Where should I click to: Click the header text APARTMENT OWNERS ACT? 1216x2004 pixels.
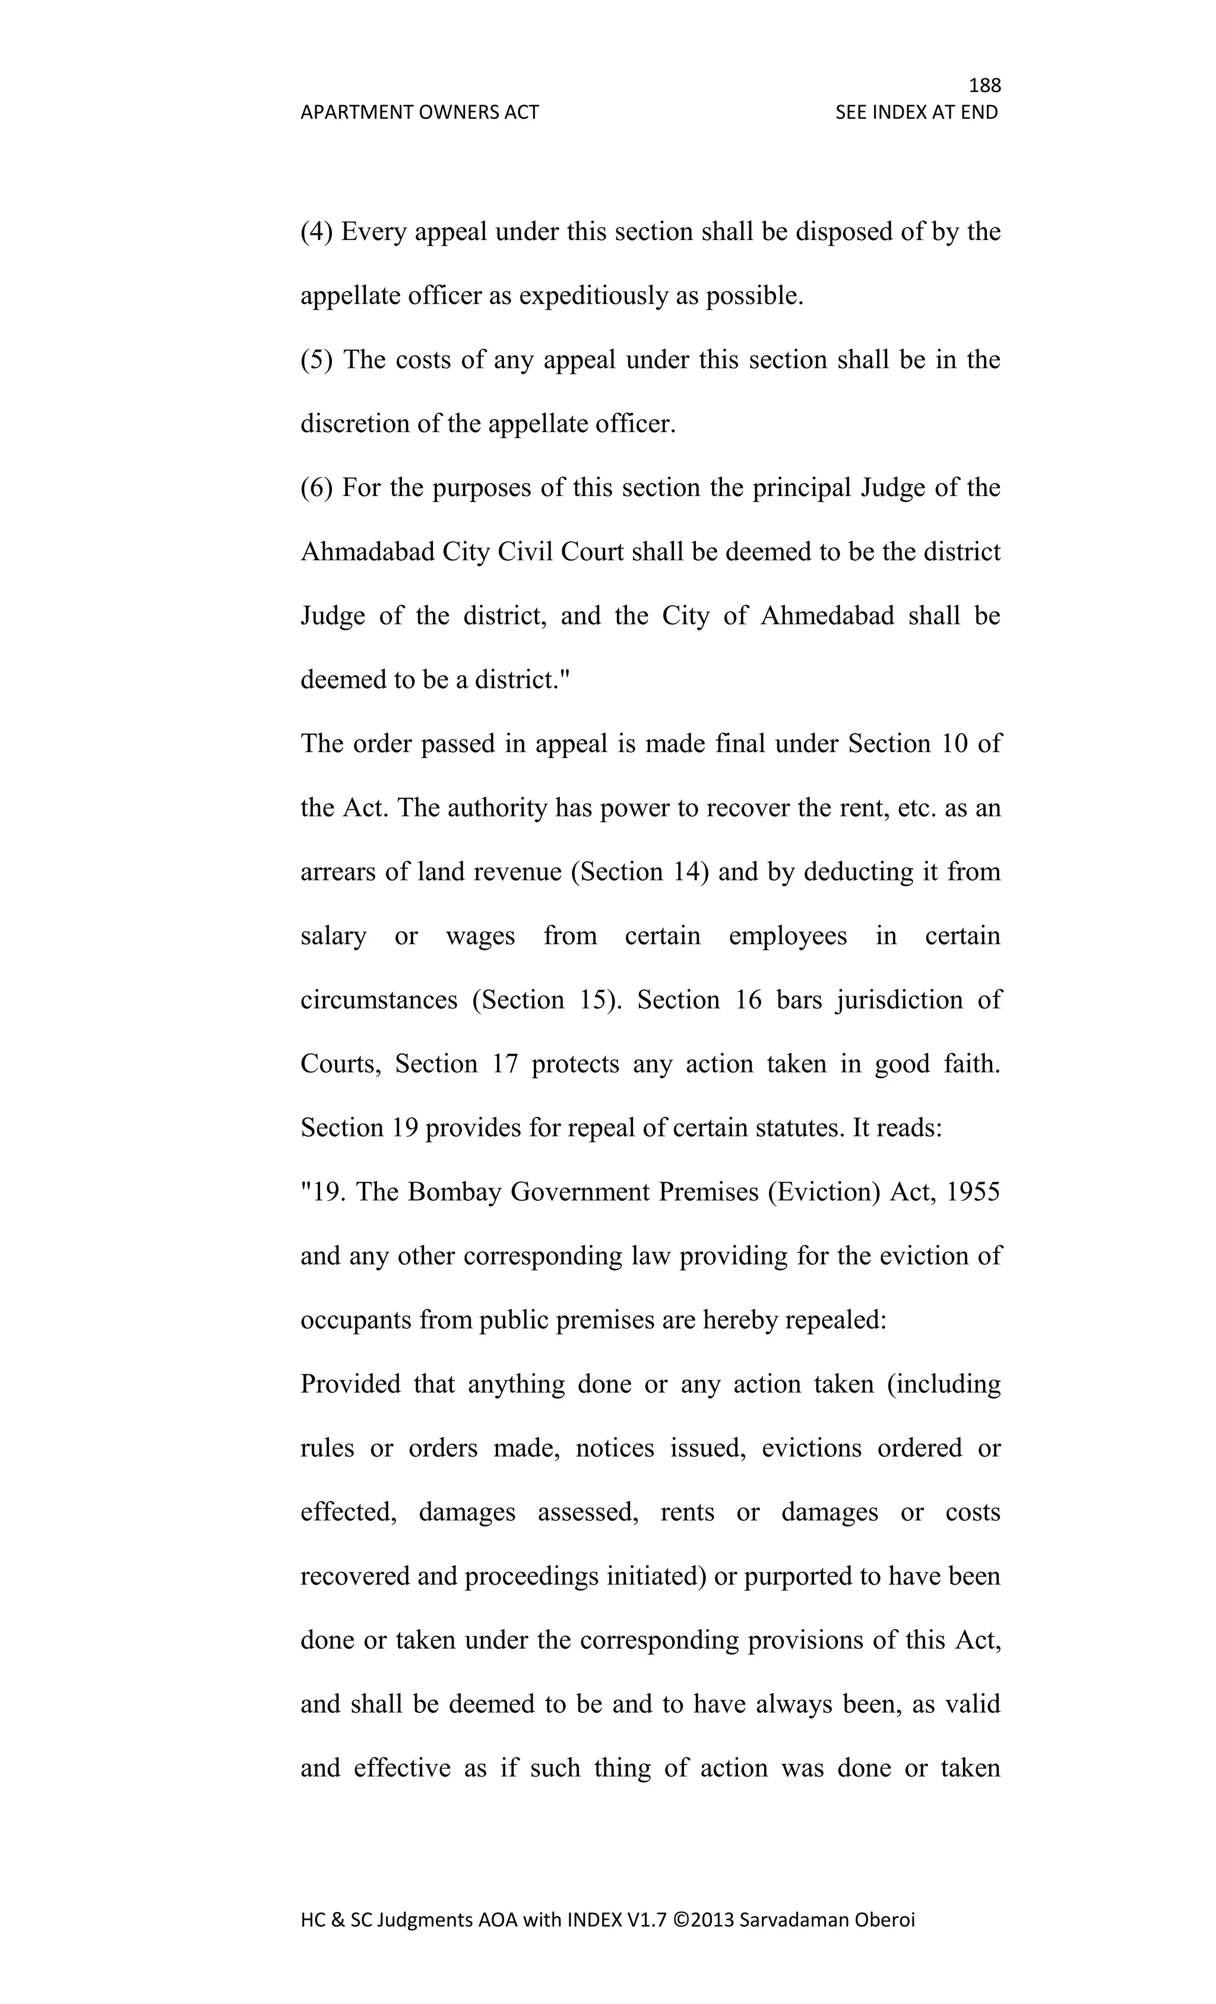click(419, 112)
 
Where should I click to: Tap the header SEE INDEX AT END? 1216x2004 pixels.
click(916, 112)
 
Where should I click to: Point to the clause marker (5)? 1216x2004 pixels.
click(316, 360)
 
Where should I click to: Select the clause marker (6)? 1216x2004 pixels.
click(316, 488)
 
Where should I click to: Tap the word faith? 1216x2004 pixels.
click(971, 1064)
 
